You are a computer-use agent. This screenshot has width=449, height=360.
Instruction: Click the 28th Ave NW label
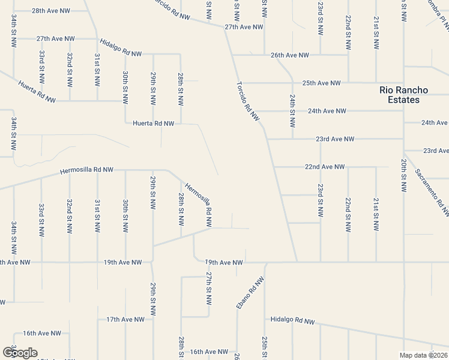51,11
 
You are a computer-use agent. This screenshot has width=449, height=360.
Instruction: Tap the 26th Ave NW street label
289,55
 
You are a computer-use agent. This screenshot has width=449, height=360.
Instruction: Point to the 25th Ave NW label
321,83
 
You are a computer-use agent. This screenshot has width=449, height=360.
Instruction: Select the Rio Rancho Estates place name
404,95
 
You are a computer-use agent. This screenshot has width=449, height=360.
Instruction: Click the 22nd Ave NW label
325,166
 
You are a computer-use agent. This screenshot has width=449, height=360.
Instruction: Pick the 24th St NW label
292,111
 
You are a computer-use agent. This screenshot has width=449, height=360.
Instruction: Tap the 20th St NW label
404,176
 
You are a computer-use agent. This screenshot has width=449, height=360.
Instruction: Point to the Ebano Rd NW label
250,293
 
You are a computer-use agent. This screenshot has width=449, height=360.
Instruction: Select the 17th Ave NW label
122,319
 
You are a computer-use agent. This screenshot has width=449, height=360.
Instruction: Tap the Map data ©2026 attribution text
424,355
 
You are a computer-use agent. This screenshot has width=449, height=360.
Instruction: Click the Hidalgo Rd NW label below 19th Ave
292,321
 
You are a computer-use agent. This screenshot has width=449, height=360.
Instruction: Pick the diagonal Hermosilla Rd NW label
199,204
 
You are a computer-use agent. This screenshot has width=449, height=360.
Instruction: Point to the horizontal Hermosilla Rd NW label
86,171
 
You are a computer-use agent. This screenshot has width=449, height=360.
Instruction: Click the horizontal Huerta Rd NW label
153,123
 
